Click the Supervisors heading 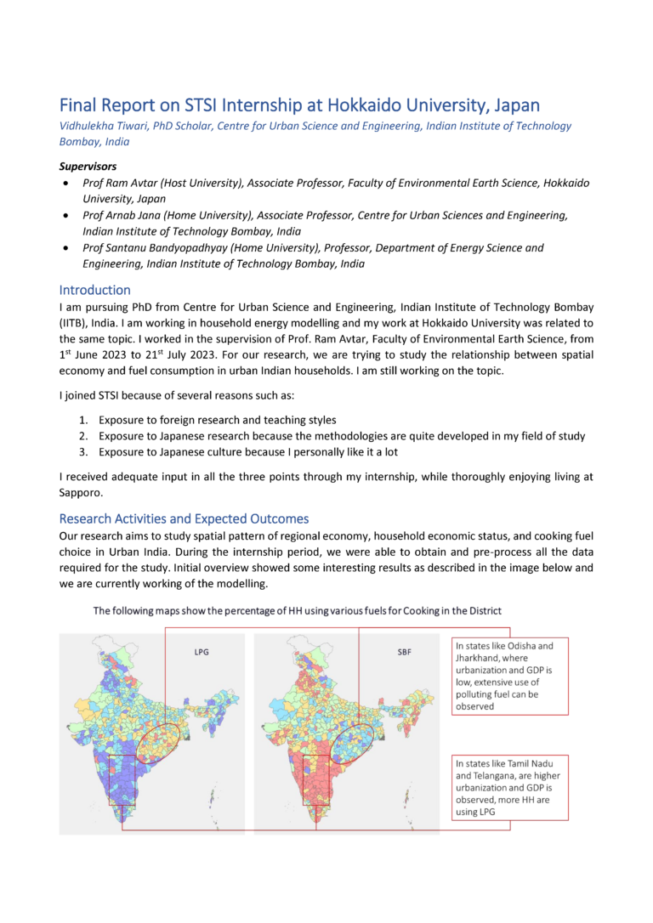88,166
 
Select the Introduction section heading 94,290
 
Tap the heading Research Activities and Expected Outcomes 184,518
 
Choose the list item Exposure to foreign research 217,420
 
